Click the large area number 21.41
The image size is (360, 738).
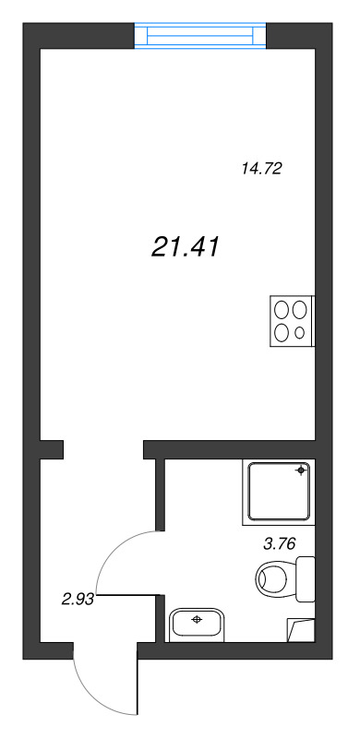(x=184, y=246)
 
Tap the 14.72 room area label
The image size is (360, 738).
(x=260, y=169)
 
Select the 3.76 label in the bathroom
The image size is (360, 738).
(x=279, y=543)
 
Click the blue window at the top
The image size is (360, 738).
(x=200, y=35)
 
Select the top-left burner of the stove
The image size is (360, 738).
(x=282, y=311)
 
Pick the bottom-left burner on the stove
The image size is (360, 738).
(x=282, y=333)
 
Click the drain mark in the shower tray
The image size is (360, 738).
(x=301, y=471)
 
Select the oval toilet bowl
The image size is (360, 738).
(x=273, y=579)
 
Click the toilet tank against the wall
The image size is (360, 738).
(x=306, y=578)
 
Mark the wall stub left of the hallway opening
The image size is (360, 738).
(x=51, y=449)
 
